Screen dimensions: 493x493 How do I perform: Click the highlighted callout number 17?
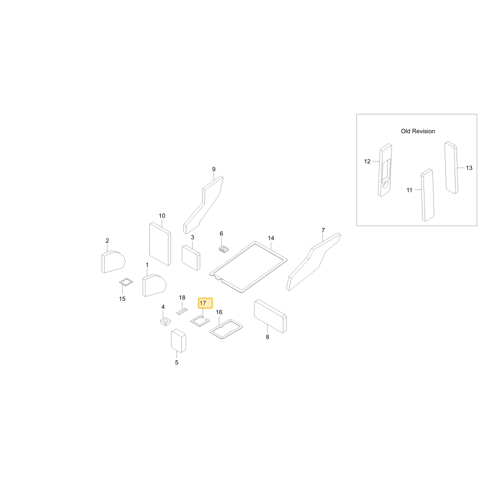203,303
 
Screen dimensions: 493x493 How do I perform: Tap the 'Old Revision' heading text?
418,131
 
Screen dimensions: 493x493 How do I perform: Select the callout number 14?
271,238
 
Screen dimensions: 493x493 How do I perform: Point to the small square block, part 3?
191,258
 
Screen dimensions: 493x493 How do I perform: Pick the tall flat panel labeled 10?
160,244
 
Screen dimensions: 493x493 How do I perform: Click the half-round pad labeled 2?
113,262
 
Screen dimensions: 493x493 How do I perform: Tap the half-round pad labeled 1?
154,285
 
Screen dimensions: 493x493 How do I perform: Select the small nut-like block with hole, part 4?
165,321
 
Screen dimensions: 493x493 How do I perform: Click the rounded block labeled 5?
178,341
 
